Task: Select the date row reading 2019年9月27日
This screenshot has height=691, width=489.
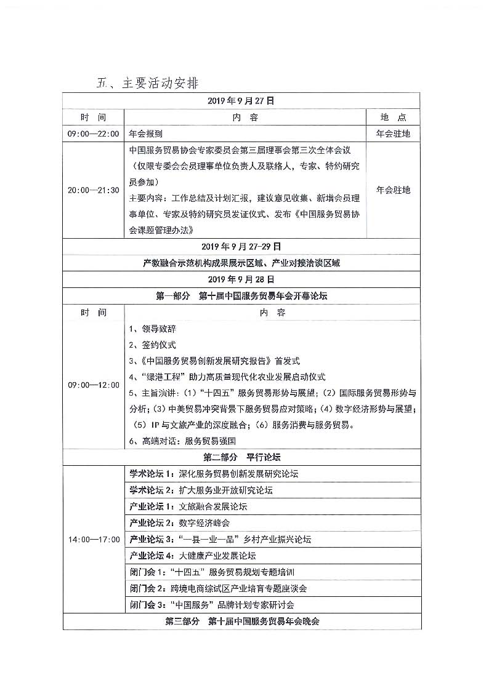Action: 241,100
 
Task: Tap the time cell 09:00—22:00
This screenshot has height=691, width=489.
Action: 93,133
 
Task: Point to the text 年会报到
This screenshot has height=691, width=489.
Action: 146,133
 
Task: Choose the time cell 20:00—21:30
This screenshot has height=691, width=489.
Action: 93,190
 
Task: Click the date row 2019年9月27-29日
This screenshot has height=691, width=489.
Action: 241,247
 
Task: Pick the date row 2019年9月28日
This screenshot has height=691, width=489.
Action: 241,279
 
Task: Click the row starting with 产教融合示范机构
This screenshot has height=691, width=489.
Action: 241,263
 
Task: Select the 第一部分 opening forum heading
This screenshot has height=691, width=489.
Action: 241,296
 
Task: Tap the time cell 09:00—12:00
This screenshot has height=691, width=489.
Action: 93,385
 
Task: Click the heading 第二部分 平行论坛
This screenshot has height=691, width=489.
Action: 241,458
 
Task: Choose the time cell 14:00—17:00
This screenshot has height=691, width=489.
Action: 93,539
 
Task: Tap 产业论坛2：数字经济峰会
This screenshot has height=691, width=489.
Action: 179,523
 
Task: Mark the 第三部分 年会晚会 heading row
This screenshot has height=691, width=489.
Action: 242,621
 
